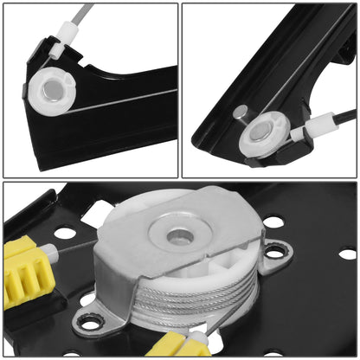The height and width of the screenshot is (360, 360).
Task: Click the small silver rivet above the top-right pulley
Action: click(x=241, y=111)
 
